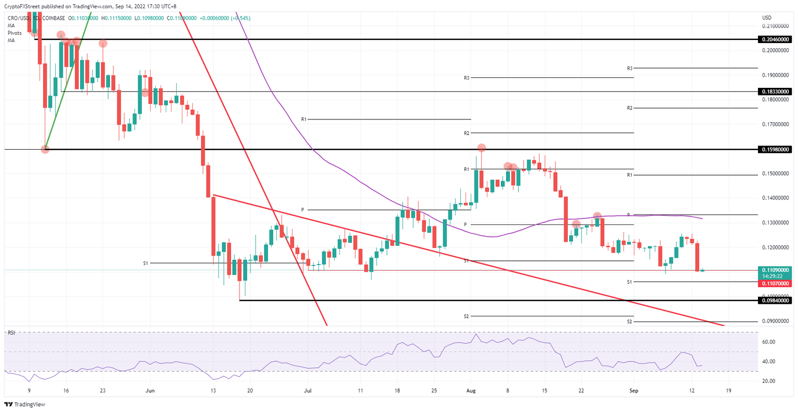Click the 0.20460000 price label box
click(776, 39)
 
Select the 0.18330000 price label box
click(776, 91)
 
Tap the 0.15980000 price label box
click(776, 150)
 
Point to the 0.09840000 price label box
click(776, 300)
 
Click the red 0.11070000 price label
click(776, 284)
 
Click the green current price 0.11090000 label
click(776, 270)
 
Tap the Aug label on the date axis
click(471, 391)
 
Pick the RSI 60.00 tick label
click(769, 342)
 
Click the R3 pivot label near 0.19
click(629, 68)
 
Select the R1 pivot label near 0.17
click(304, 119)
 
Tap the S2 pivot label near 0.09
click(629, 322)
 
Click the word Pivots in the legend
click(15, 33)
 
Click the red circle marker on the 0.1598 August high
click(482, 148)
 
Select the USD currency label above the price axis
click(766, 18)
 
